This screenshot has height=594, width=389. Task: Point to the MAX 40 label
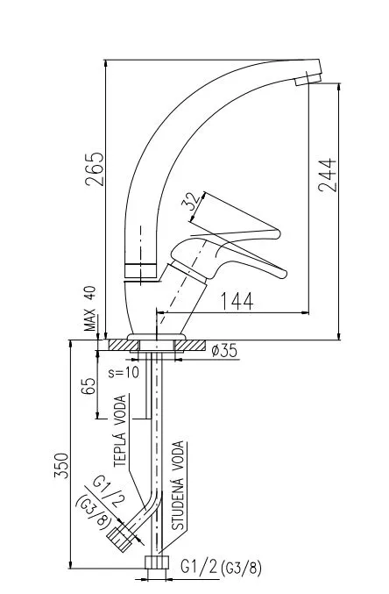pos(90,309)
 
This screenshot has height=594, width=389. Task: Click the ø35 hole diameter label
pos(225,351)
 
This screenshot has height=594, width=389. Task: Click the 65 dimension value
pos(88,386)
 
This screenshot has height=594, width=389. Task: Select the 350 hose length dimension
pos(62,466)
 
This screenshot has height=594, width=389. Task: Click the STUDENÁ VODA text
pos(177,488)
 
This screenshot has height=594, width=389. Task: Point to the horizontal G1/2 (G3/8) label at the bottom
pos(220,569)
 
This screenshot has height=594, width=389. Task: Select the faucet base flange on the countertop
pos(157,336)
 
